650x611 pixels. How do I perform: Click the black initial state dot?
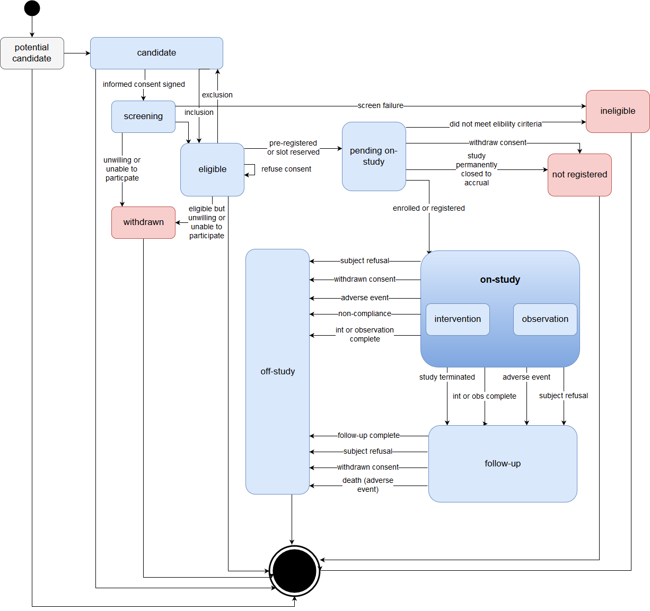(x=32, y=8)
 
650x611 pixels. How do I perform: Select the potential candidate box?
(x=32, y=53)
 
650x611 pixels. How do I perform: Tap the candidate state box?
(x=156, y=53)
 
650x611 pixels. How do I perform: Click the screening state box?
(x=143, y=116)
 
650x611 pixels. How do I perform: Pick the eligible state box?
(x=212, y=169)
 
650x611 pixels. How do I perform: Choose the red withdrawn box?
(x=143, y=222)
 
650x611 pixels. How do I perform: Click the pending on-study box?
(x=374, y=156)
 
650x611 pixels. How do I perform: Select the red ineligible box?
(x=618, y=111)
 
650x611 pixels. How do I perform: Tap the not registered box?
(x=579, y=175)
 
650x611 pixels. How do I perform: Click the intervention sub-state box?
(x=458, y=319)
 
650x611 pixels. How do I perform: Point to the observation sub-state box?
(x=545, y=319)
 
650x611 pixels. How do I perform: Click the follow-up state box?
(x=503, y=464)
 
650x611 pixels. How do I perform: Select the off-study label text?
(x=277, y=372)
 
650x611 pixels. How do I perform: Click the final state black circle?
(x=294, y=571)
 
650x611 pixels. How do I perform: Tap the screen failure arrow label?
(x=380, y=106)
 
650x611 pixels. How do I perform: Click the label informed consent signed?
(x=144, y=84)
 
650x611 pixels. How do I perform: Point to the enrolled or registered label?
(x=428, y=208)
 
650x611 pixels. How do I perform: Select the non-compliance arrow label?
(x=365, y=314)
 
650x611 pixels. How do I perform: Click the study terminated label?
(x=447, y=377)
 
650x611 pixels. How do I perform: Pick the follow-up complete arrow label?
(x=368, y=436)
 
